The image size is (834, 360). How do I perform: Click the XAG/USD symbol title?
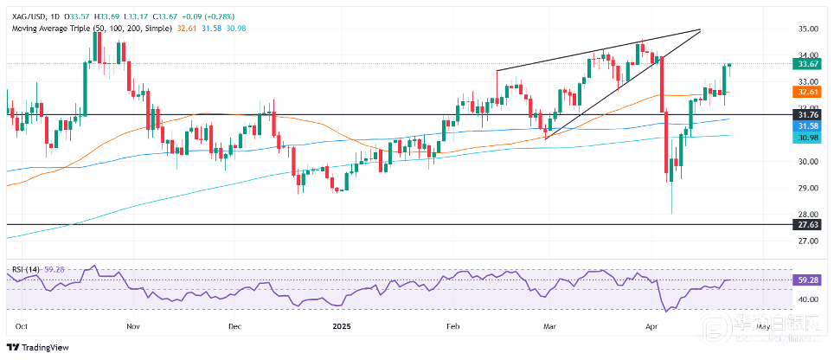click(x=27, y=7)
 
